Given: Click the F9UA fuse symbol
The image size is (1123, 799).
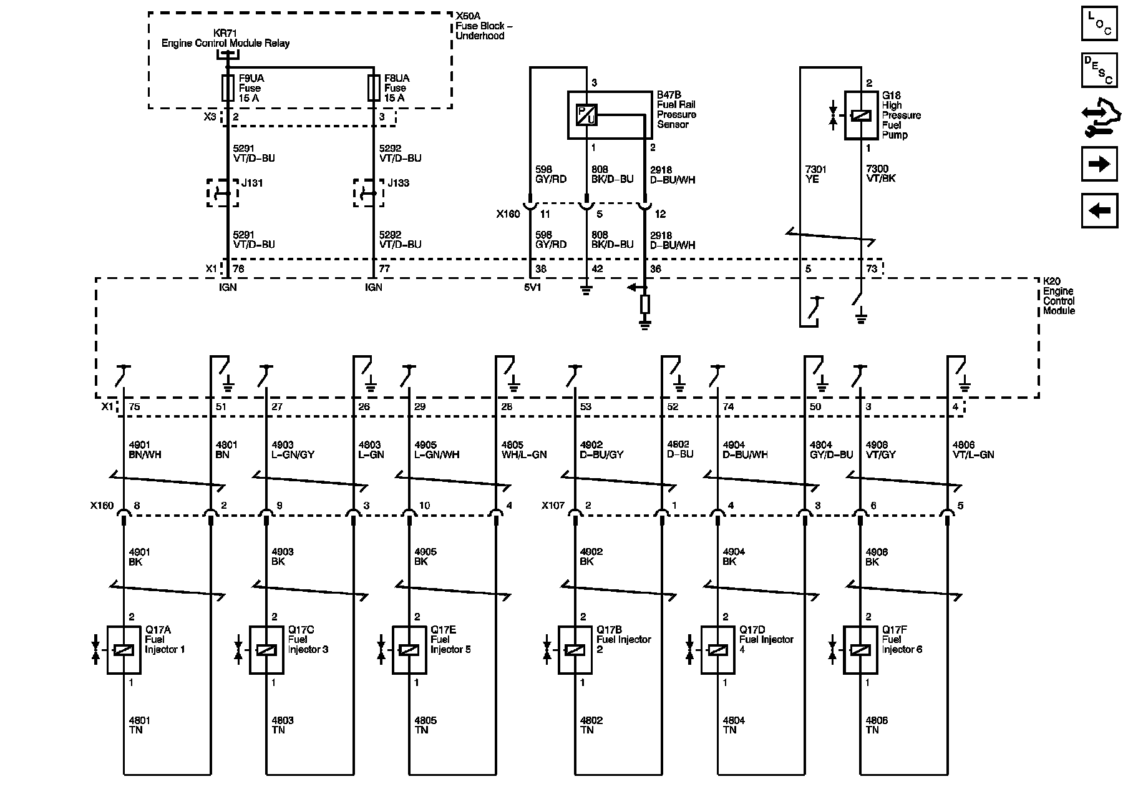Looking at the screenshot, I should click(228, 88).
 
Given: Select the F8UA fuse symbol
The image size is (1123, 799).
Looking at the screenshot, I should click(374, 88).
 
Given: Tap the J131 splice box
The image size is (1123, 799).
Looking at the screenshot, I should click(223, 193).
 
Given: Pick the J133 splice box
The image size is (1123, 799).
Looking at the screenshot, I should click(369, 193).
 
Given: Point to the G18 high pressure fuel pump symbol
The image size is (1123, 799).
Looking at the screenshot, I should click(861, 115).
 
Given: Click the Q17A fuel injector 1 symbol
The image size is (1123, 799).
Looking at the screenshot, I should click(124, 650).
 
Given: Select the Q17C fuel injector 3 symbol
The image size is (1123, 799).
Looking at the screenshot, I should click(266, 650).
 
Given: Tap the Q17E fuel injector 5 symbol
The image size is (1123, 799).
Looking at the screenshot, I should click(409, 650).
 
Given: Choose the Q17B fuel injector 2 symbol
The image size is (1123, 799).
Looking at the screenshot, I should click(575, 650).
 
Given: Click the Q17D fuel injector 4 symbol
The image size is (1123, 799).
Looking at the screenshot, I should click(718, 650).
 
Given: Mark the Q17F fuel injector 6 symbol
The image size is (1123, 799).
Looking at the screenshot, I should click(860, 650).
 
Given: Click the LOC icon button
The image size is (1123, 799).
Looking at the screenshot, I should click(1099, 24).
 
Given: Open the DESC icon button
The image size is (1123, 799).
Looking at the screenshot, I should click(1099, 70).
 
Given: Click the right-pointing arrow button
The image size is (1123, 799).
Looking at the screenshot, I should click(1099, 164).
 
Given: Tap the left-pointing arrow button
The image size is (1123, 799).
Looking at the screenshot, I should click(1099, 210).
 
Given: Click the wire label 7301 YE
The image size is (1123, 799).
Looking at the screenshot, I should click(816, 174).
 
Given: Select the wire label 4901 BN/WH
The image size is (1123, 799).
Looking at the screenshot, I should click(145, 450).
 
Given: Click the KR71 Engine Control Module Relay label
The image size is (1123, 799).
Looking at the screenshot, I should click(225, 39).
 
